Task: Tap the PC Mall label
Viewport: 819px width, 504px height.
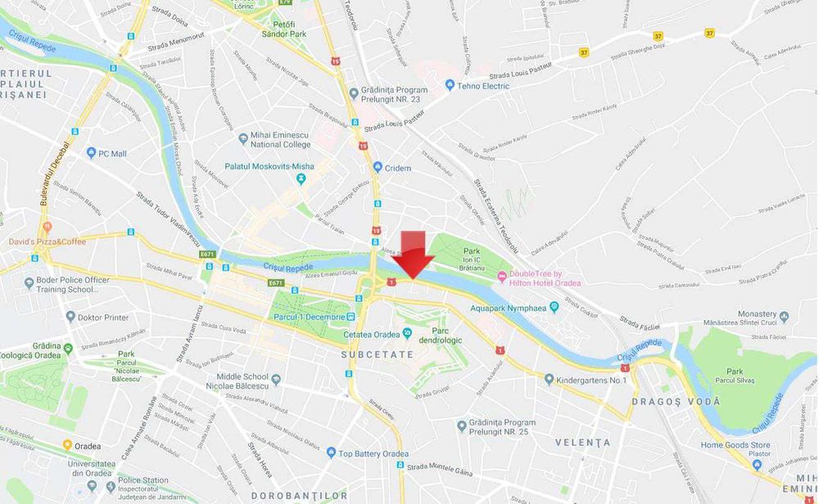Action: pyautogui.click(x=112, y=153)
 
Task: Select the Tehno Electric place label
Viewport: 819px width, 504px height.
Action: pyautogui.click(x=482, y=85)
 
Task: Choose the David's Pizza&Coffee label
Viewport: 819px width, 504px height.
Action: pyautogui.click(x=47, y=241)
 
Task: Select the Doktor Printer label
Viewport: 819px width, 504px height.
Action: pyautogui.click(x=105, y=317)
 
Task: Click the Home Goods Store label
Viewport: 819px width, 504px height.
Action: pyautogui.click(x=735, y=445)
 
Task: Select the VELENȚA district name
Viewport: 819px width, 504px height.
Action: pyautogui.click(x=583, y=443)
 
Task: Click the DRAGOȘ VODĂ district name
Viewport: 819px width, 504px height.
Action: pyautogui.click(x=676, y=402)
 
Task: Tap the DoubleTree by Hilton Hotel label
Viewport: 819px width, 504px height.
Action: pyautogui.click(x=545, y=278)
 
